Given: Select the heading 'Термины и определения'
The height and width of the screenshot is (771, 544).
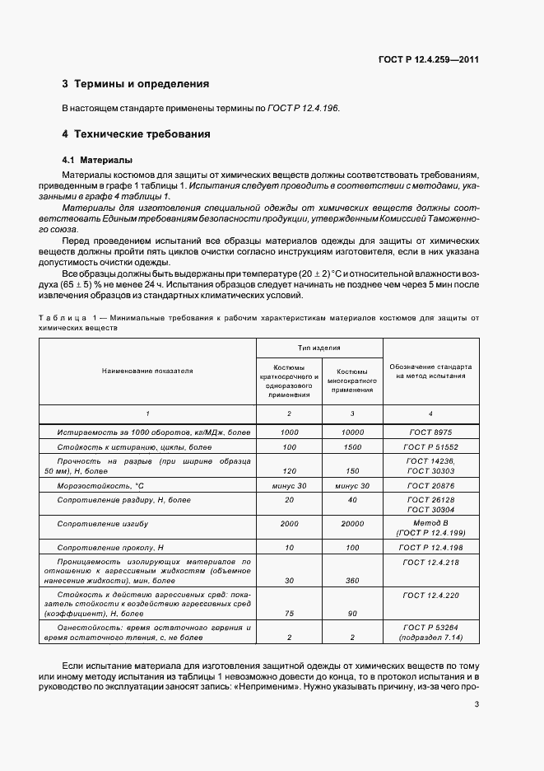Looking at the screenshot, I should [x=141, y=84].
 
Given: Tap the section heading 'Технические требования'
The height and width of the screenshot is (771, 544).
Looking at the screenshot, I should [x=142, y=133].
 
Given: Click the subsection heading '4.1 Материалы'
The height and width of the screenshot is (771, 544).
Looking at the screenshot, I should [x=98, y=160].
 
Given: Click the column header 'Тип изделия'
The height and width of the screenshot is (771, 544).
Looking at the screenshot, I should [x=319, y=348].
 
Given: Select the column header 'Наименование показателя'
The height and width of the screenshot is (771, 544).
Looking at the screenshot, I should [x=147, y=371].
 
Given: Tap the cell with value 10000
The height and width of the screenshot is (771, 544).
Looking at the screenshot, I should [x=351, y=432].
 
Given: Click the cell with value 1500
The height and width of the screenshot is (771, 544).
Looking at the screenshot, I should [x=351, y=446].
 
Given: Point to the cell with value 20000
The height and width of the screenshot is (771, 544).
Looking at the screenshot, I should [x=351, y=523].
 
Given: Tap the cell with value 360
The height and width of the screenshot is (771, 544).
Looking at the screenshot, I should [x=351, y=580].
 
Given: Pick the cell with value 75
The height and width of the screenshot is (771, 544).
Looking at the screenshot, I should [x=289, y=613].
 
